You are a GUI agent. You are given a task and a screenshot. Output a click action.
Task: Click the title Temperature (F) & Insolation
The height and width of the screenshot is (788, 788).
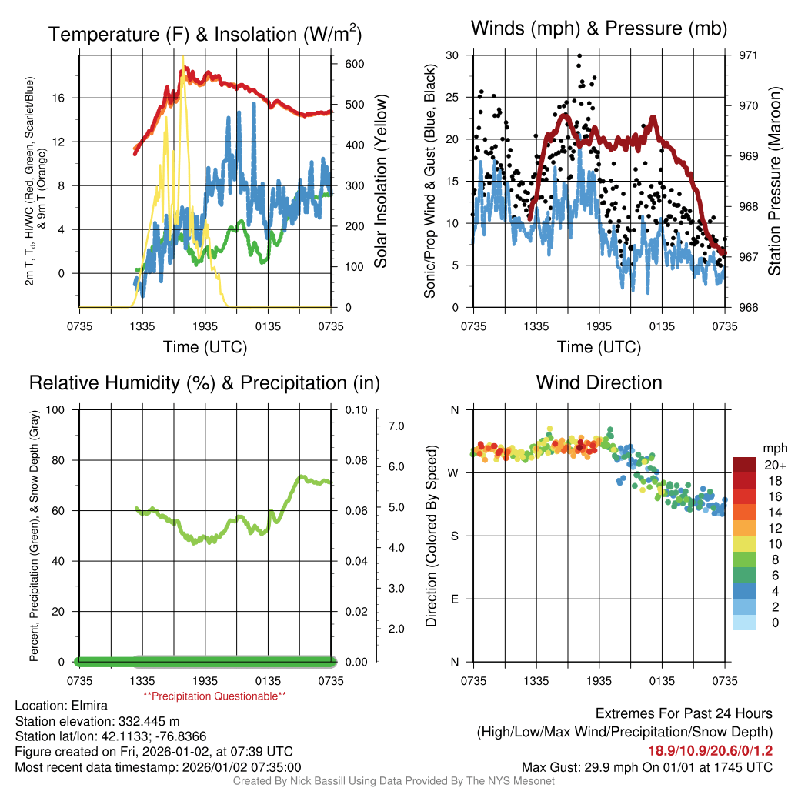pyautogui.click(x=205, y=34)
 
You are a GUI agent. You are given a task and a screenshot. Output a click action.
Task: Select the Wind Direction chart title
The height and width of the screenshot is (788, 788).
pyautogui.click(x=599, y=382)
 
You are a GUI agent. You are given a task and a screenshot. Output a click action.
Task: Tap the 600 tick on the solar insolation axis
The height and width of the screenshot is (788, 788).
pyautogui.click(x=354, y=64)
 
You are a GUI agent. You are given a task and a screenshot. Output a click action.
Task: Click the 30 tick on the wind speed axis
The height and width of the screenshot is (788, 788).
pyautogui.click(x=452, y=55)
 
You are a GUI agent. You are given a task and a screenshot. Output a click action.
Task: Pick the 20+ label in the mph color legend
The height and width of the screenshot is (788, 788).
pyautogui.click(x=774, y=465)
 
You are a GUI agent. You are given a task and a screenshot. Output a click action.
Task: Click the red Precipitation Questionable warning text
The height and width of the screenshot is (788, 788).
pyautogui.click(x=215, y=696)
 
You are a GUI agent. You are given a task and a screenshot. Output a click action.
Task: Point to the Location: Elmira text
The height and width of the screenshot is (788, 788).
pyautogui.click(x=62, y=705)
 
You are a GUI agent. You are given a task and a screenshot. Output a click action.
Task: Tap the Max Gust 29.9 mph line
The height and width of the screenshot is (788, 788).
pyautogui.click(x=646, y=766)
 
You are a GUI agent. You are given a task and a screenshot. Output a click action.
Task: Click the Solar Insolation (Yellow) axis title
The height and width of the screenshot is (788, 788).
pyautogui.click(x=381, y=181)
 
